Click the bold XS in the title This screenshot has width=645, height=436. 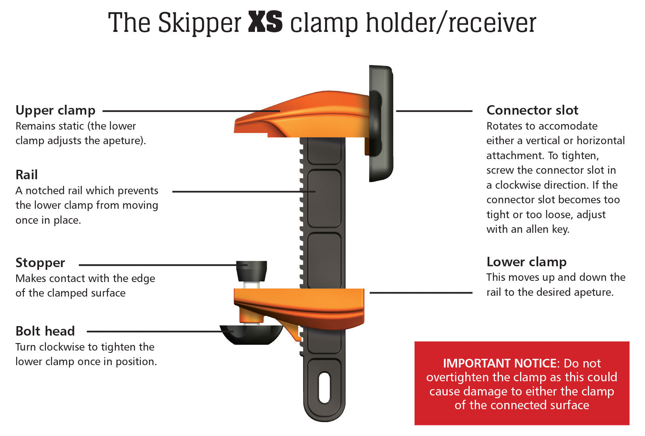(x=265, y=22)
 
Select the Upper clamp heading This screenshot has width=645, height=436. (x=56, y=110)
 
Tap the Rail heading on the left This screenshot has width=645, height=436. (x=27, y=174)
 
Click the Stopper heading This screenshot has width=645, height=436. (x=40, y=263)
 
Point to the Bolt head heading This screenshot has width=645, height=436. (x=45, y=331)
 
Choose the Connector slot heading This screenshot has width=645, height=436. (x=532, y=110)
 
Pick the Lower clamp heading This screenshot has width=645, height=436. (x=526, y=262)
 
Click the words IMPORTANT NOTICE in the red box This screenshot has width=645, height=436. (x=499, y=363)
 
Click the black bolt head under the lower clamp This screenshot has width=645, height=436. (x=251, y=334)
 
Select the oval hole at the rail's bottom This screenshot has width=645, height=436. (x=324, y=388)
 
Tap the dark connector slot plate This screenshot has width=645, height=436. (x=381, y=122)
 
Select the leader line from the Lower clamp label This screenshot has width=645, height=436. (x=421, y=293)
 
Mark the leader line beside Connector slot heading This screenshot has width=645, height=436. (x=434, y=111)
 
